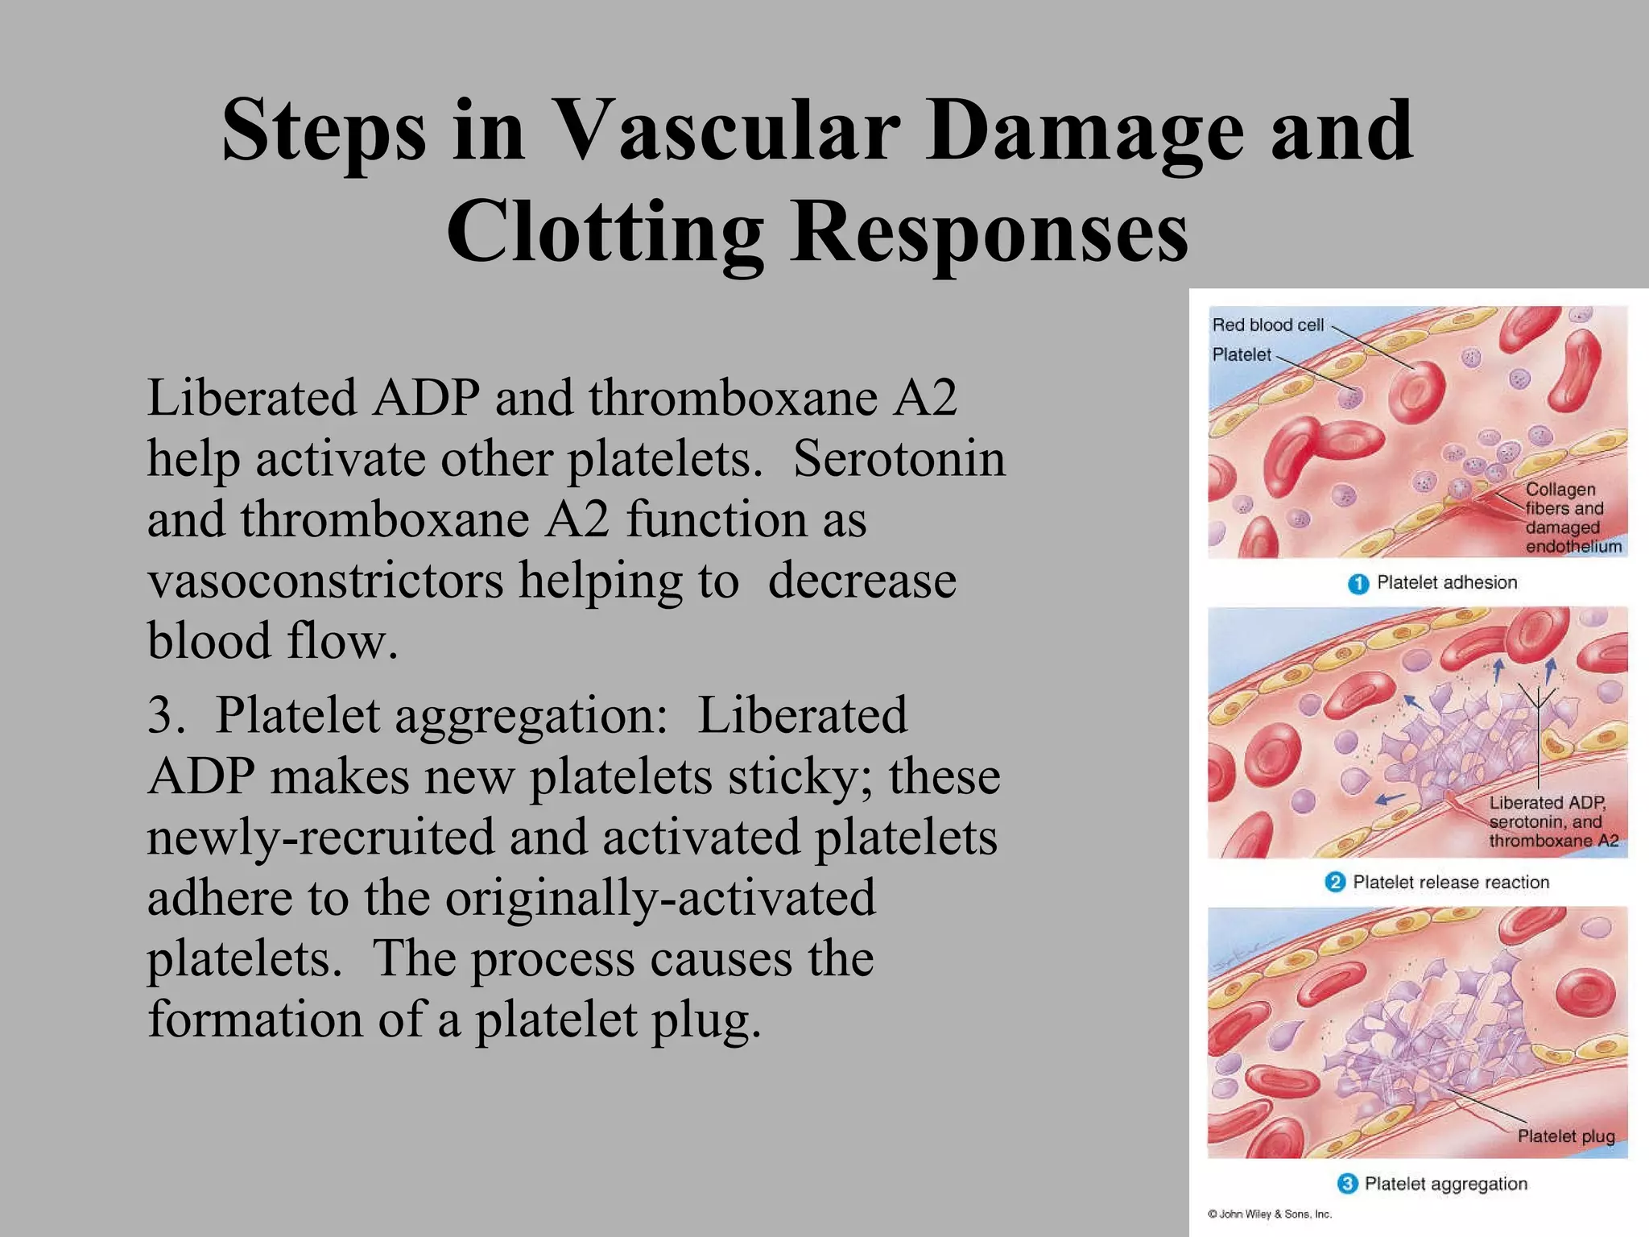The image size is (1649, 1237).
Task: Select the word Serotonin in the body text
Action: tap(899, 459)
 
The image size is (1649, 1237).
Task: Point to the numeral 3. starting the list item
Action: tap(165, 715)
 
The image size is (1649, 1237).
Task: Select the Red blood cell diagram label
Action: tap(1267, 325)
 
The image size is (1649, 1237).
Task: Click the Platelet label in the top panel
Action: tap(1241, 354)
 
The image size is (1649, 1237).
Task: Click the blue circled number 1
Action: tap(1358, 584)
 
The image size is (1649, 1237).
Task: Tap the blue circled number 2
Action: tap(1334, 883)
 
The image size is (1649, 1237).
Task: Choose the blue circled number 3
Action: tap(1347, 1184)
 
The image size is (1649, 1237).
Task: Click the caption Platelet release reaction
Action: tap(1450, 883)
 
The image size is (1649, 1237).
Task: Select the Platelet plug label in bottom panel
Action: tap(1565, 1136)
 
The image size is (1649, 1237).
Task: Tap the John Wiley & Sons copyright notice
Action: tap(1270, 1214)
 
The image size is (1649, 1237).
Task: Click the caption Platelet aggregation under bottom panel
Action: tap(1445, 1184)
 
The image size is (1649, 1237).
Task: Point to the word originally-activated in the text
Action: tap(659, 899)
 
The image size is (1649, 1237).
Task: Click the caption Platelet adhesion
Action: tap(1446, 582)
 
